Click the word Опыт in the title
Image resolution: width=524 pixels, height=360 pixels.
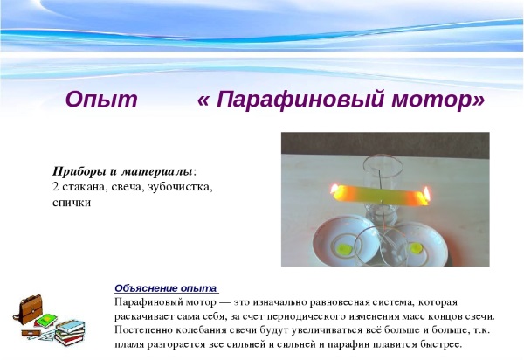tap(101, 100)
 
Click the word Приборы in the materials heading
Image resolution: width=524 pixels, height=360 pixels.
tap(79, 170)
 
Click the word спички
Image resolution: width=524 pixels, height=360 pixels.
tap(72, 202)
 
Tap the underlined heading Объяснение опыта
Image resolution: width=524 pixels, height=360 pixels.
tap(166, 287)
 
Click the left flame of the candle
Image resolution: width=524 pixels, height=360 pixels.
tap(334, 189)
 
